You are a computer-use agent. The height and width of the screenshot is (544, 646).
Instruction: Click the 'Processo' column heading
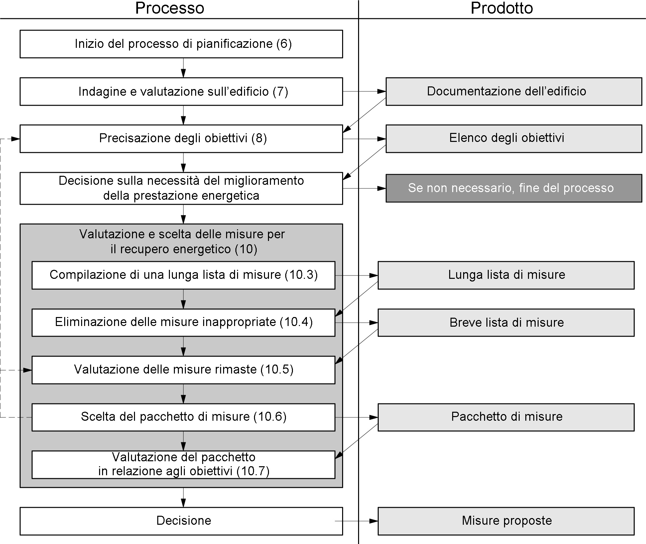[170, 8]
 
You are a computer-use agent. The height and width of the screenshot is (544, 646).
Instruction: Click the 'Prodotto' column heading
[502, 8]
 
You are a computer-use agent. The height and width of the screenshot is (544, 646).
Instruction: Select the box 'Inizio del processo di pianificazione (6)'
[181, 44]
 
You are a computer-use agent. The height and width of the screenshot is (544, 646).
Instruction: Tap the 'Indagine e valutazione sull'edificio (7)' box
[181, 91]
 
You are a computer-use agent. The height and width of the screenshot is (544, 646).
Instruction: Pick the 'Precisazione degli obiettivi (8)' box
[181, 139]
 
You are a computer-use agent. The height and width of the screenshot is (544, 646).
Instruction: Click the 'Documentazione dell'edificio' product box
[514, 91]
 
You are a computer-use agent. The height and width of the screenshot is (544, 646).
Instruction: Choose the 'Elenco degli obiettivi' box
[514, 139]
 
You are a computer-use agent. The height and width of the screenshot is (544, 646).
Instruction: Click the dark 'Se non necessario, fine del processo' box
[514, 188]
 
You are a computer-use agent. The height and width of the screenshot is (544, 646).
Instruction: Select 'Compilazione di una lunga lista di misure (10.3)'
[184, 275]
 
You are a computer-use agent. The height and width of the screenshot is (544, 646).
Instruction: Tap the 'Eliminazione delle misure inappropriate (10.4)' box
[184, 323]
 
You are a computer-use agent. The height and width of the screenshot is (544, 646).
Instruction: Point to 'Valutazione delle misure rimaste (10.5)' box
[184, 370]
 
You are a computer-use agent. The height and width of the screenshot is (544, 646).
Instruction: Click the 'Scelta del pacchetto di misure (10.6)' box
[184, 417]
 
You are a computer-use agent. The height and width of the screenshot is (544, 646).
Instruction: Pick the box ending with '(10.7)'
[184, 465]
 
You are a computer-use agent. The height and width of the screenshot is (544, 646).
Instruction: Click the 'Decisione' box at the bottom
[181, 521]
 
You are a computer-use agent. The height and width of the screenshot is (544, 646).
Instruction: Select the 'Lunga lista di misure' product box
[506, 275]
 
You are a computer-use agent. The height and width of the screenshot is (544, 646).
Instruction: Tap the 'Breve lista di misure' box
[506, 323]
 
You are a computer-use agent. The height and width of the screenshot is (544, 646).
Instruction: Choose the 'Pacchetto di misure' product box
[506, 417]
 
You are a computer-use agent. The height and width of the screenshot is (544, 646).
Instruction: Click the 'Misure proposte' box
[506, 521]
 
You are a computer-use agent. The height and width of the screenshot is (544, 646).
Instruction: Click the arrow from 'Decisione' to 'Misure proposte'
[356, 521]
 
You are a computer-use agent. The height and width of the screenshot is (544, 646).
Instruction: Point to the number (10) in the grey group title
[246, 249]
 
